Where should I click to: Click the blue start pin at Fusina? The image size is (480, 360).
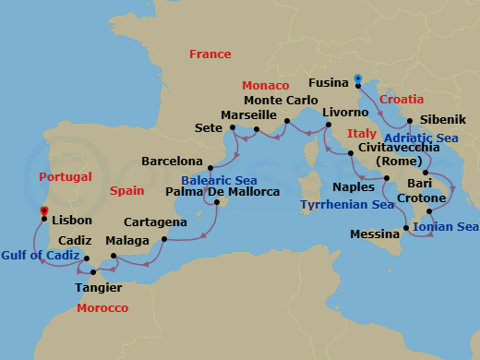pyautogui.click(x=357, y=78)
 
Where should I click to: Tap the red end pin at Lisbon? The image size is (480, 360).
pyautogui.click(x=43, y=212)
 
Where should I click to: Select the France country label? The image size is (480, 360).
pyautogui.click(x=210, y=54)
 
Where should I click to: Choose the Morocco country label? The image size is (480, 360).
pyautogui.click(x=102, y=307)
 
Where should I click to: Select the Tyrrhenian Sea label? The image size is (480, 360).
pyautogui.click(x=346, y=205)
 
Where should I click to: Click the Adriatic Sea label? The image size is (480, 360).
pyautogui.click(x=421, y=138)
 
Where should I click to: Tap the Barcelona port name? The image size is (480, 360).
pyautogui.click(x=172, y=162)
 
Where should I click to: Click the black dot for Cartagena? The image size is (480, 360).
pyautogui.click(x=164, y=239)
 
